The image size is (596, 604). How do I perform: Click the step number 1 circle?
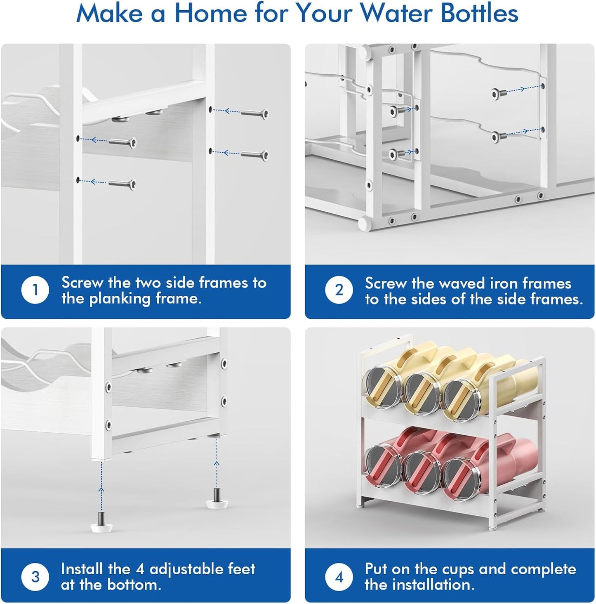pos(35,290)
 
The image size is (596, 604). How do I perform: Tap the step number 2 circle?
pos(339,290)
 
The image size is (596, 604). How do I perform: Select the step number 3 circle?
pos(35,576)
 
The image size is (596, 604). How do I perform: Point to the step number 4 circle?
pos(339,576)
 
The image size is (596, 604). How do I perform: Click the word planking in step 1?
pos(120,299)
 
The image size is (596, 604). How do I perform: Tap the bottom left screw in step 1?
pos(122,184)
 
